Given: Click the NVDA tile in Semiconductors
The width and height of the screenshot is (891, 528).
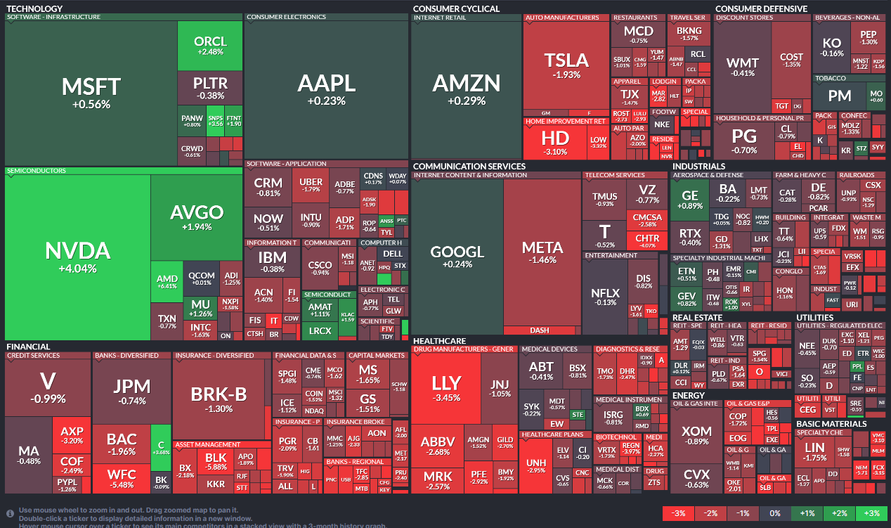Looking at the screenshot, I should [77, 257].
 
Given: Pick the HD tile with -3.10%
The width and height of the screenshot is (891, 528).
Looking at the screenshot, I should [555, 141].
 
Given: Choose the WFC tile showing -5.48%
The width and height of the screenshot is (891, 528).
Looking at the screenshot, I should [122, 479].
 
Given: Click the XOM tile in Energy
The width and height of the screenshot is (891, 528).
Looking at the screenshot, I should [696, 435].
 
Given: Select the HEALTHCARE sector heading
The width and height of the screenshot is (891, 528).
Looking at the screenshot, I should [439, 340].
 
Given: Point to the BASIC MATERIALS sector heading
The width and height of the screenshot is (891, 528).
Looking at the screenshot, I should [831, 424].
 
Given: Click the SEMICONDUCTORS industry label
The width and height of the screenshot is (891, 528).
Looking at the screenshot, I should [37, 170].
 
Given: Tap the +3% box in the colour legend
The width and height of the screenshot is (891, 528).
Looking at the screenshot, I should [872, 513].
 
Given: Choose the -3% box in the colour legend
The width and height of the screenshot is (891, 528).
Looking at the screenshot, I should [679, 513].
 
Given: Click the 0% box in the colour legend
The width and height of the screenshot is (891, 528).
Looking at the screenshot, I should [775, 513].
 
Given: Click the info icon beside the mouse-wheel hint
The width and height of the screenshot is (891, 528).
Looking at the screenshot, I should [10, 513].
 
